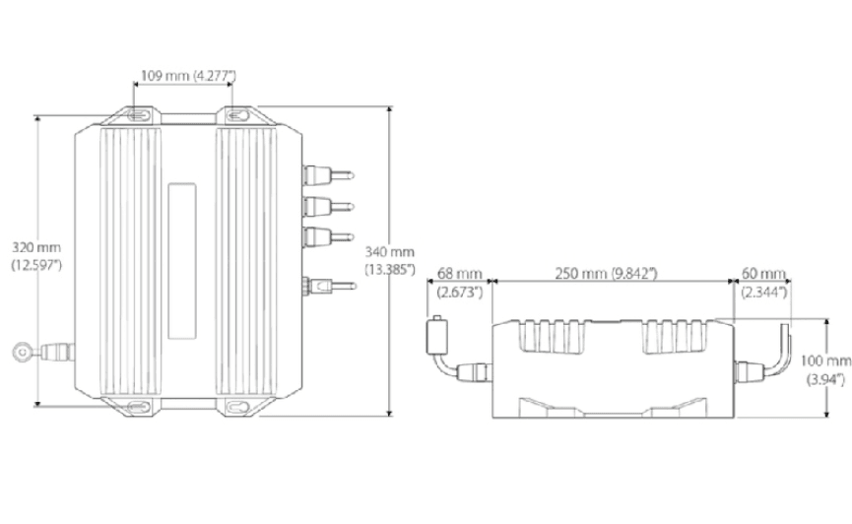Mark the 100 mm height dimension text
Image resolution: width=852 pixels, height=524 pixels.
click(x=825, y=360)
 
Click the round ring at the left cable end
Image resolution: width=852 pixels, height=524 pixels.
click(x=22, y=350)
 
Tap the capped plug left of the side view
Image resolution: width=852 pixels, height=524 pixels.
click(x=436, y=335)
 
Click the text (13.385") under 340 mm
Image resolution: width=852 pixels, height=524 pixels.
click(x=390, y=269)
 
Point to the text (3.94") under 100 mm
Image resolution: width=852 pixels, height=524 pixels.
click(x=825, y=379)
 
